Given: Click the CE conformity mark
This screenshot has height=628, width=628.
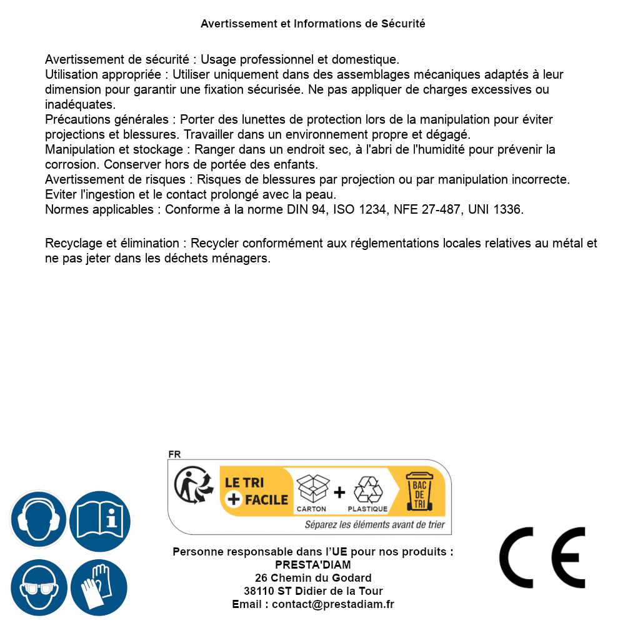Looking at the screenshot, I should pyautogui.click(x=542, y=557).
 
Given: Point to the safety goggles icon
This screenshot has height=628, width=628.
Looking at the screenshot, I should pyautogui.click(x=38, y=587).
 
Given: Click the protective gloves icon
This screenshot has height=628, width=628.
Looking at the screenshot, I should pyautogui.click(x=99, y=587).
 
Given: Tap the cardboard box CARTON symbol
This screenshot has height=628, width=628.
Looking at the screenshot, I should pyautogui.click(x=312, y=488).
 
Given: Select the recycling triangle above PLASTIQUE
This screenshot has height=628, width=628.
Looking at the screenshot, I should pyautogui.click(x=367, y=489).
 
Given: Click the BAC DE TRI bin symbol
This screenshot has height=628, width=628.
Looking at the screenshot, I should pyautogui.click(x=419, y=491).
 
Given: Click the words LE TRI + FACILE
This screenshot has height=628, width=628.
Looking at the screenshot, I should pyautogui.click(x=256, y=491).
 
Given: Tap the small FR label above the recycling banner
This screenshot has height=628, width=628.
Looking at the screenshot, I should pyautogui.click(x=174, y=454).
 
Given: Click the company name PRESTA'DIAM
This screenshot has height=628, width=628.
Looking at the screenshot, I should pyautogui.click(x=313, y=565).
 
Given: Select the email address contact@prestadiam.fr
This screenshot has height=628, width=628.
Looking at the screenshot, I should pyautogui.click(x=333, y=604).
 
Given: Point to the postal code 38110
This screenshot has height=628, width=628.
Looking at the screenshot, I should pyautogui.click(x=259, y=591).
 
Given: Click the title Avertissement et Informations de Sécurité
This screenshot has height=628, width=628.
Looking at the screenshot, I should pyautogui.click(x=313, y=24).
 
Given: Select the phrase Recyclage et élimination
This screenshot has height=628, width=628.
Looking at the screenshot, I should pyautogui.click(x=112, y=243).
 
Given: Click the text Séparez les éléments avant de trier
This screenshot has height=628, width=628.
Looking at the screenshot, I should pyautogui.click(x=374, y=524).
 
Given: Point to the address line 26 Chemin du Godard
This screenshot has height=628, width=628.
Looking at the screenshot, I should pyautogui.click(x=313, y=578).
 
